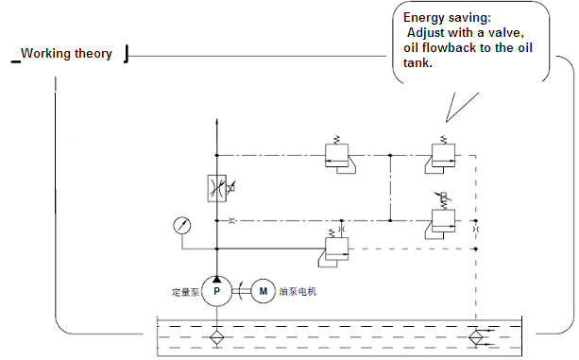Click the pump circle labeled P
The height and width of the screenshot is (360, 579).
[216, 291]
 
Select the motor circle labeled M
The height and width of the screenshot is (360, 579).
[263, 291]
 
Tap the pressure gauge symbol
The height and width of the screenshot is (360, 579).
[182, 225]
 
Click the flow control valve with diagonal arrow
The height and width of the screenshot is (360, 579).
[217, 188]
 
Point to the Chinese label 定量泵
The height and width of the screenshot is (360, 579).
[185, 292]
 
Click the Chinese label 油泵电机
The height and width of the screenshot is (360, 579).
[298, 291]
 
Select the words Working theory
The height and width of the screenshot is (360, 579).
[66, 54]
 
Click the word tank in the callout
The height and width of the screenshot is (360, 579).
[417, 62]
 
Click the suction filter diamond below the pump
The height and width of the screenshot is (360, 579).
[216, 337]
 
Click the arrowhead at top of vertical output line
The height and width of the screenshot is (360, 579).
[216, 123]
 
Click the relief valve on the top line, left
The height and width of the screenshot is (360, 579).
[337, 155]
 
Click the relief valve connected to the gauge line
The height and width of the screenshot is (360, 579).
[336, 249]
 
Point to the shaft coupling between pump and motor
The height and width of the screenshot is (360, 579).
[242, 291]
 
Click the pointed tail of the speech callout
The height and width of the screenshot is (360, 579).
[447, 121]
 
